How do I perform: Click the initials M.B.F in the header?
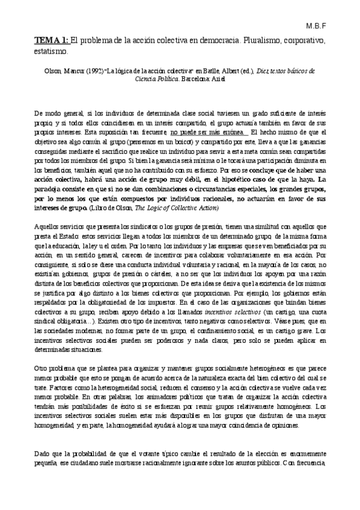tap(333, 27)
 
